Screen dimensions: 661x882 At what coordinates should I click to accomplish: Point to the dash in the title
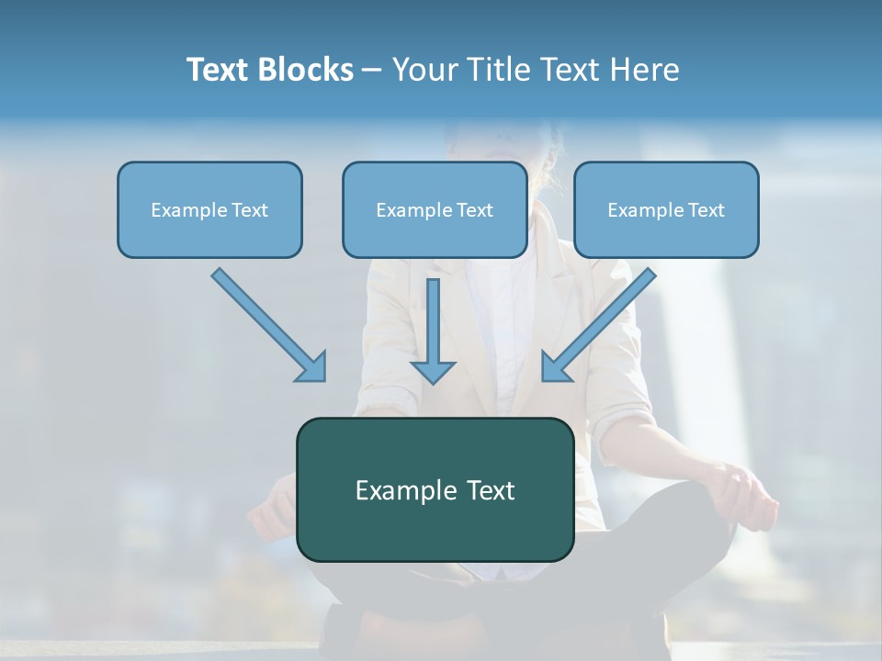click(372, 71)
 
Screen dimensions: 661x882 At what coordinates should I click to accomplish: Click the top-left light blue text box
click(209, 209)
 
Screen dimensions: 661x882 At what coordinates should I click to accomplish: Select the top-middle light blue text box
click(435, 209)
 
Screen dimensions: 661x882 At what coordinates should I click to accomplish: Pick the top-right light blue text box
click(666, 209)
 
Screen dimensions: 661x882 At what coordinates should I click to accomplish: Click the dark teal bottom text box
click(435, 489)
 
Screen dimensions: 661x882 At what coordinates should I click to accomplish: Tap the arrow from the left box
click(266, 322)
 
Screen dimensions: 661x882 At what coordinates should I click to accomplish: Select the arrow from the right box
click(601, 322)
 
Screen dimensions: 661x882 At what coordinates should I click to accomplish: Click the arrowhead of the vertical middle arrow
click(433, 371)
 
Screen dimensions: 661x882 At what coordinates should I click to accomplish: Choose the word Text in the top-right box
click(707, 210)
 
